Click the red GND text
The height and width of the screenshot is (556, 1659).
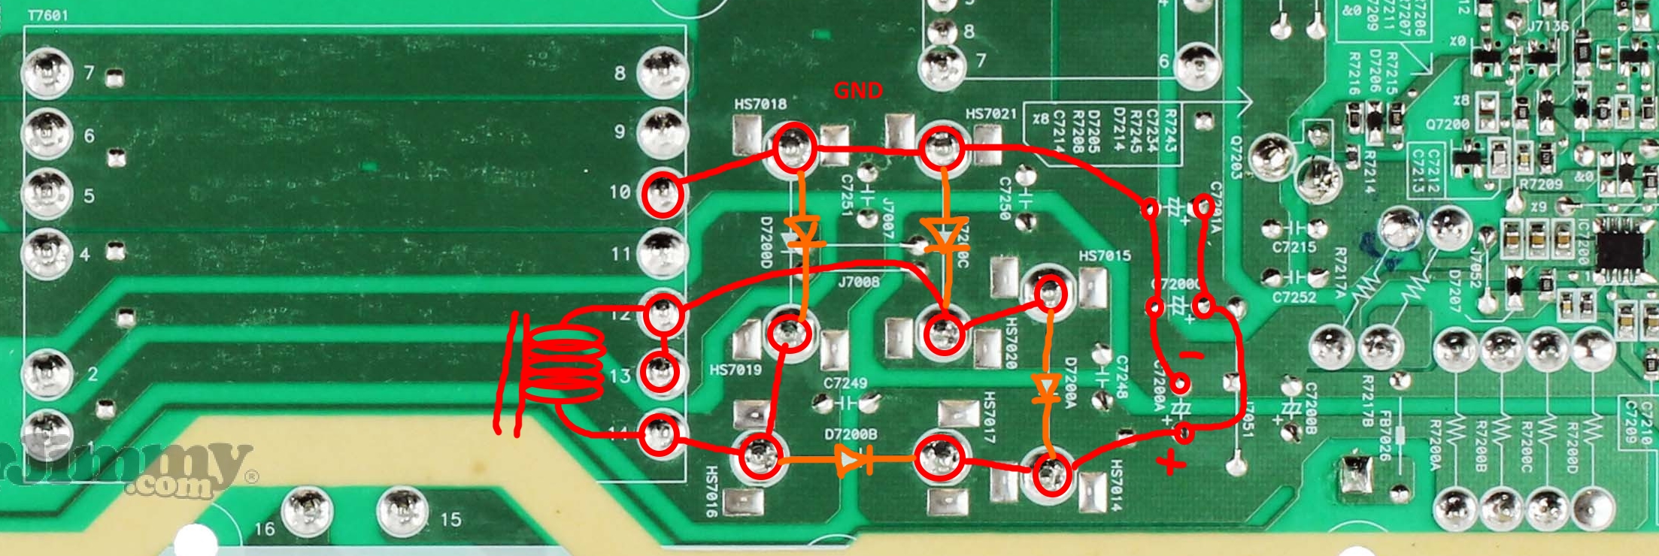click(x=857, y=91)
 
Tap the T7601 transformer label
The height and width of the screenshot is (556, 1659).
click(x=47, y=15)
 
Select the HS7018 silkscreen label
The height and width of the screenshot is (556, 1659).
click(x=760, y=104)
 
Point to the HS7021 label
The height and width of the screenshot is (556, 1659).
click(x=991, y=114)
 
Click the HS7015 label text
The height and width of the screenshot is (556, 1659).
click(x=1105, y=256)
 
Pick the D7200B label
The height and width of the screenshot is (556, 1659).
click(x=851, y=435)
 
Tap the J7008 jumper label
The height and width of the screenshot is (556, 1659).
click(x=858, y=283)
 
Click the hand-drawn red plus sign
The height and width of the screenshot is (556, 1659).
click(x=1170, y=461)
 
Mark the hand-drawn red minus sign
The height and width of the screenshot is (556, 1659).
click(x=1190, y=355)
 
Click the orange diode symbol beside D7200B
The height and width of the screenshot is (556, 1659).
click(x=853, y=461)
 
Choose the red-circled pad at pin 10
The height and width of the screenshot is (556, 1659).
click(x=663, y=193)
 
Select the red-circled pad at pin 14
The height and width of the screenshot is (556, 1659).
click(x=660, y=434)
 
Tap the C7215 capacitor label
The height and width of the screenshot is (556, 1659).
click(x=1294, y=246)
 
